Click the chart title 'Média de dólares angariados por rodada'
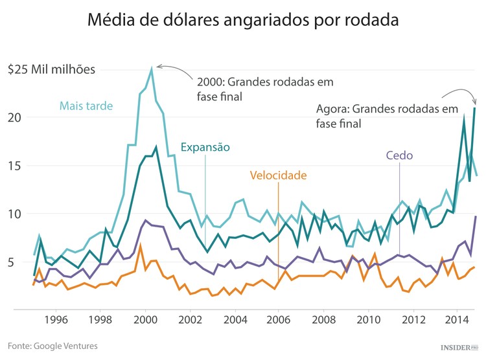[242, 21]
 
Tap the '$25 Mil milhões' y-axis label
[51, 69]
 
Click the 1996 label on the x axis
[56, 319]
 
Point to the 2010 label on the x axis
[369, 319]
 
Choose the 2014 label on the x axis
[457, 319]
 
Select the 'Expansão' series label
[205, 147]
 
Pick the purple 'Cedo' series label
[399, 155]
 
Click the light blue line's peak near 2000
[152, 67]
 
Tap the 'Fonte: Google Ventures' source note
[53, 346]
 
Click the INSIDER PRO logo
[459, 347]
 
